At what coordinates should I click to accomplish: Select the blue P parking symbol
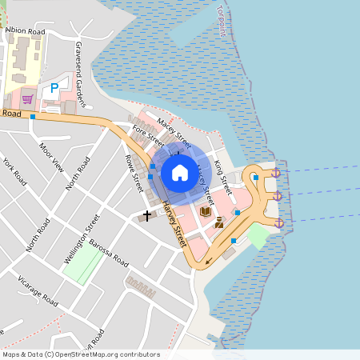click(54, 88)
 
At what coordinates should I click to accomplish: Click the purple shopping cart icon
click(28, 99)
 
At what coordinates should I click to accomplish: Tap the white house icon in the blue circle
click(179, 173)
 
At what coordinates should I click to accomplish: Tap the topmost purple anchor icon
click(276, 173)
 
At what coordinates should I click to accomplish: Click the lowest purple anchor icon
click(279, 222)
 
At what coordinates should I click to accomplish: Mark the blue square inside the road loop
click(255, 178)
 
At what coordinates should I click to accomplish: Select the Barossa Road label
click(109, 254)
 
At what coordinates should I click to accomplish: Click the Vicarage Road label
click(40, 294)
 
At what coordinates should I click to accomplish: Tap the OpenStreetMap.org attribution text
click(80, 354)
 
